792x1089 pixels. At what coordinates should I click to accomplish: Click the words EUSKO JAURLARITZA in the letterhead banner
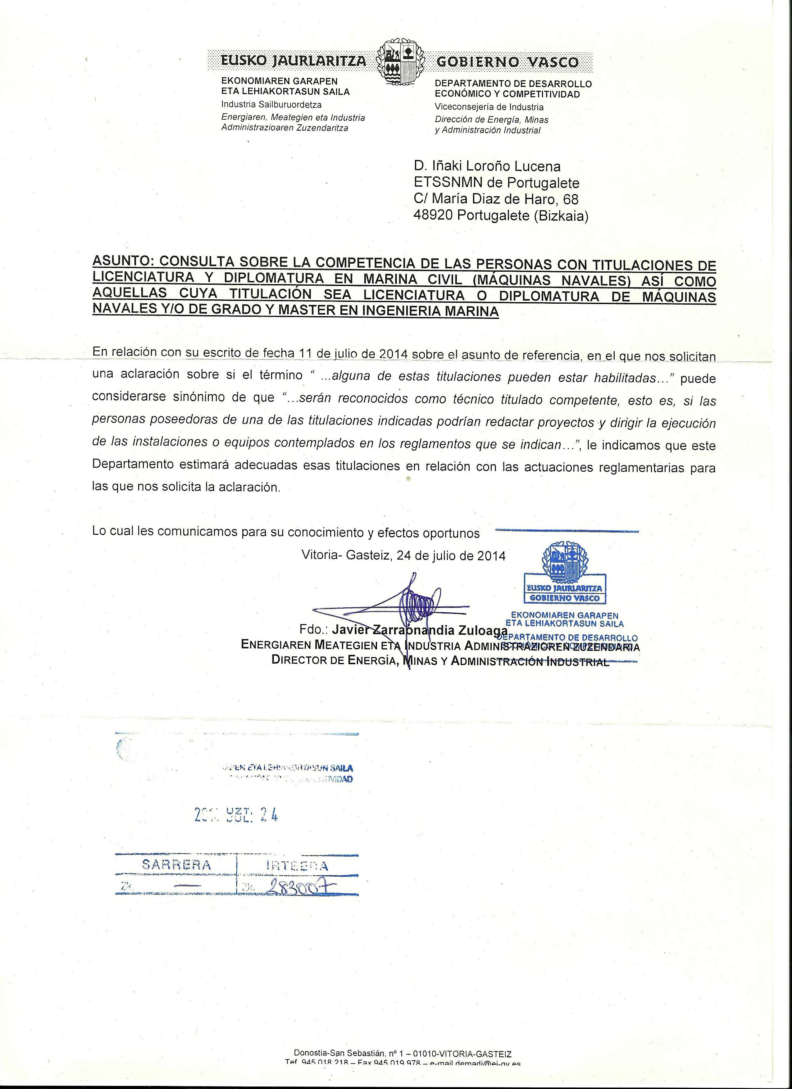coord(293,61)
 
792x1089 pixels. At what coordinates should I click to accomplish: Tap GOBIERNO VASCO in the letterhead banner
coord(508,62)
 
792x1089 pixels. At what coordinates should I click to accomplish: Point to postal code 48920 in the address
coord(433,216)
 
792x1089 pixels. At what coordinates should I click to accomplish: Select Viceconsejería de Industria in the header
coord(489,107)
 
